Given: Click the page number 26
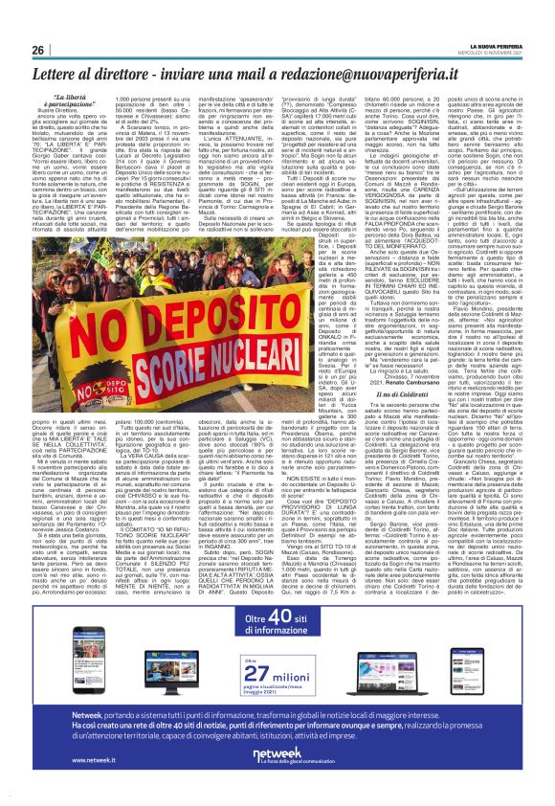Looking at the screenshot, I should [37, 50].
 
